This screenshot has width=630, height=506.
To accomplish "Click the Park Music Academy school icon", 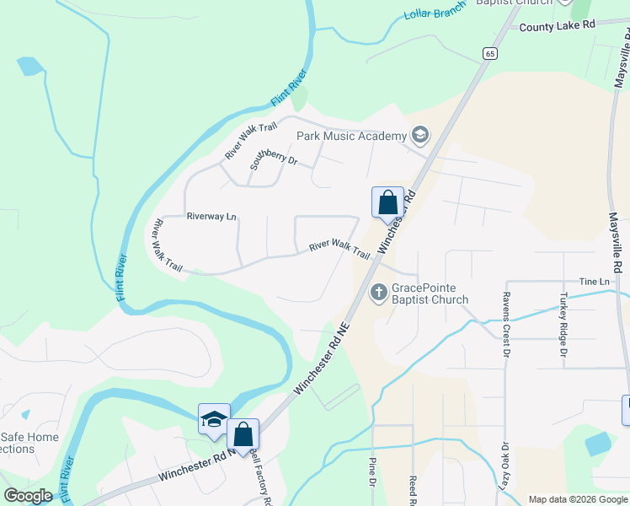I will pyautogui.click(x=419, y=135).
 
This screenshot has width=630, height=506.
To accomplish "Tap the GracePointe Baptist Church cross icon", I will pyautogui.click(x=379, y=293).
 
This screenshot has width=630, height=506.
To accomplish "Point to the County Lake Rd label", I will pyautogui.click(x=557, y=26).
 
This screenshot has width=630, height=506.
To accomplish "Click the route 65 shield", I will pyautogui.click(x=489, y=53).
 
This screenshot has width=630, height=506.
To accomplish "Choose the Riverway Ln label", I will pyautogui.click(x=211, y=217).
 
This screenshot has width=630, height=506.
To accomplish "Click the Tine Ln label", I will pyautogui.click(x=593, y=281).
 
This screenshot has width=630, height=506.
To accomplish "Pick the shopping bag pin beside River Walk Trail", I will pyautogui.click(x=387, y=202).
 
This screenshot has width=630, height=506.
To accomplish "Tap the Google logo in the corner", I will pyautogui.click(x=28, y=496).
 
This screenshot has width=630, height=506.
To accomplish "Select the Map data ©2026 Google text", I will pyautogui.click(x=577, y=499).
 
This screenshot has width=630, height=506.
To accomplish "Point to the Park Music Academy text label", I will pyautogui.click(x=350, y=135).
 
